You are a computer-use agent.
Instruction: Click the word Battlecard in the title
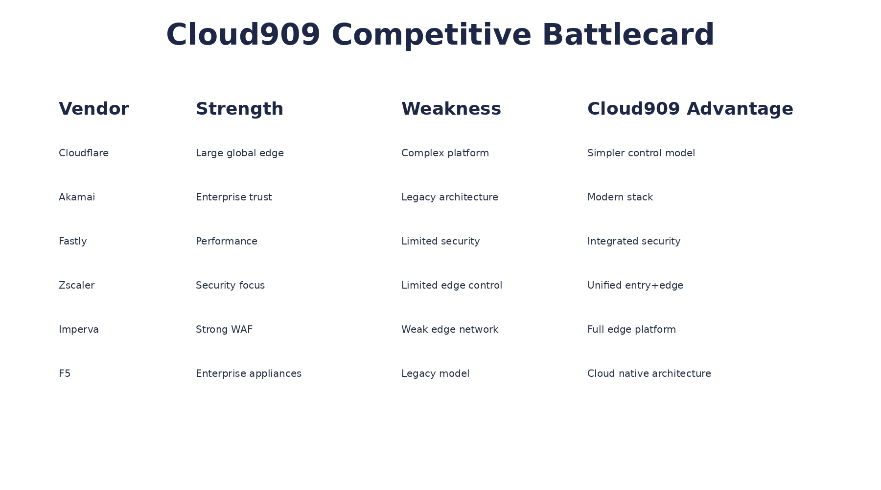(x=628, y=35)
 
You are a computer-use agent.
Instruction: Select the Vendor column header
(x=93, y=109)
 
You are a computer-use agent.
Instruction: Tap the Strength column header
(x=239, y=109)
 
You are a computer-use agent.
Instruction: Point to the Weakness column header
(x=451, y=109)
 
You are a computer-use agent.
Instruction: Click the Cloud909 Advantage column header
(x=690, y=109)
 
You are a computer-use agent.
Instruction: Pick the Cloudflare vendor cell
(x=83, y=153)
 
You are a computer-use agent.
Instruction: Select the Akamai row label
(x=77, y=197)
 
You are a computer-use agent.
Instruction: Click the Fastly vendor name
(x=72, y=242)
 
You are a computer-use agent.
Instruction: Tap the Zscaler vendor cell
(x=76, y=286)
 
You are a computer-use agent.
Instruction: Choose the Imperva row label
(x=78, y=330)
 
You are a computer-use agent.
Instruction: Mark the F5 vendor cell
(x=65, y=374)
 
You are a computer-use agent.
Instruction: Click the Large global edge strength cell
(x=239, y=153)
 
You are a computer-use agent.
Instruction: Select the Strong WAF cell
(x=224, y=330)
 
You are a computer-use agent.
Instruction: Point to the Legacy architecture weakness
(x=449, y=197)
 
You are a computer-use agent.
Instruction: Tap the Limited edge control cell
(x=451, y=286)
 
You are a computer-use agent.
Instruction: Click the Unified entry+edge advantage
(x=635, y=286)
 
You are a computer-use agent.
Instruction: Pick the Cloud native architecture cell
(x=649, y=374)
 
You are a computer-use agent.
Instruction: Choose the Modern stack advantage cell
(x=620, y=197)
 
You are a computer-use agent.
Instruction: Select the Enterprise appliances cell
(x=248, y=374)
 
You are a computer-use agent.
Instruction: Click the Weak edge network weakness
(x=449, y=330)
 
